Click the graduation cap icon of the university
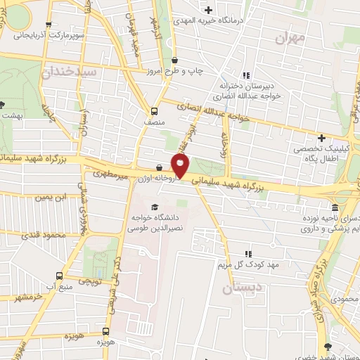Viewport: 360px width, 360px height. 155,205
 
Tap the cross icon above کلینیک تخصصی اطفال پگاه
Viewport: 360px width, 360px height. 322,138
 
